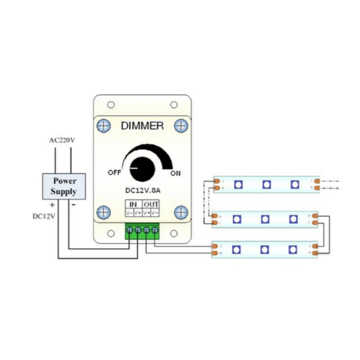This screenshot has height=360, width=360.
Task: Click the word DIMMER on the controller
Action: coord(142,126)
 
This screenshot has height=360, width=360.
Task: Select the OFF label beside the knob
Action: coord(114,172)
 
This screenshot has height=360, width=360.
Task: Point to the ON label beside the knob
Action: coord(175,174)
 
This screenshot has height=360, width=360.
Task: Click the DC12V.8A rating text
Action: coord(142,190)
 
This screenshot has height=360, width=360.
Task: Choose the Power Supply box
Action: coord(64,186)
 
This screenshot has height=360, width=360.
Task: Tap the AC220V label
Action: coord(62,140)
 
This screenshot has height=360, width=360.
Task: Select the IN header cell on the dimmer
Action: coord(133,204)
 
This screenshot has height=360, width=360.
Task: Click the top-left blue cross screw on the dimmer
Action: coord(104,126)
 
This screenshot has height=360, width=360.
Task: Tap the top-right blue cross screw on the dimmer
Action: coord(181,126)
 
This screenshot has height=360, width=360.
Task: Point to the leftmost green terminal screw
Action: coord(130,230)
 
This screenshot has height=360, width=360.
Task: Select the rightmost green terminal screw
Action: coord(155,230)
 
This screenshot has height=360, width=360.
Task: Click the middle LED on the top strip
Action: coord(266,185)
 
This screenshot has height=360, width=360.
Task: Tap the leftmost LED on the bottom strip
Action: coord(237,249)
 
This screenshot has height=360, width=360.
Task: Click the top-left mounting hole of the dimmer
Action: coord(111,105)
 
